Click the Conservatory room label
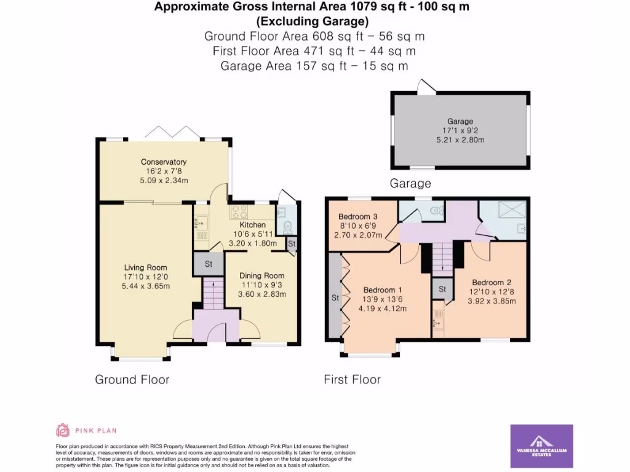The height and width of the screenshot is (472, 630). click(x=163, y=162)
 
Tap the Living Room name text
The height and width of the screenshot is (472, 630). click(x=146, y=267)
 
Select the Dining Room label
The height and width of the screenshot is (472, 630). click(x=261, y=276)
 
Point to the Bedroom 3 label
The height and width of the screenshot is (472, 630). click(x=357, y=216)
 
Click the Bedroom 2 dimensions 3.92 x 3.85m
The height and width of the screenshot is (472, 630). click(x=491, y=301)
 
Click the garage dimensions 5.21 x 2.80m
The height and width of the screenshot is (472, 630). click(x=460, y=140)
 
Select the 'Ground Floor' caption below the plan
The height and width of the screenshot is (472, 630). click(x=132, y=379)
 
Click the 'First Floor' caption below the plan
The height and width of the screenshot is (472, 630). click(x=352, y=380)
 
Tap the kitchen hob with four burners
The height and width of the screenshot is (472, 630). click(x=239, y=213)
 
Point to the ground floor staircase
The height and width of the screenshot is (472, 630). click(x=212, y=294)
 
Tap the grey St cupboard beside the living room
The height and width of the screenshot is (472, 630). click(x=209, y=264)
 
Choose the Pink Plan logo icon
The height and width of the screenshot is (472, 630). click(x=63, y=430)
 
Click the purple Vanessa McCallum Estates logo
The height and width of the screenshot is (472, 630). click(x=541, y=446)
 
